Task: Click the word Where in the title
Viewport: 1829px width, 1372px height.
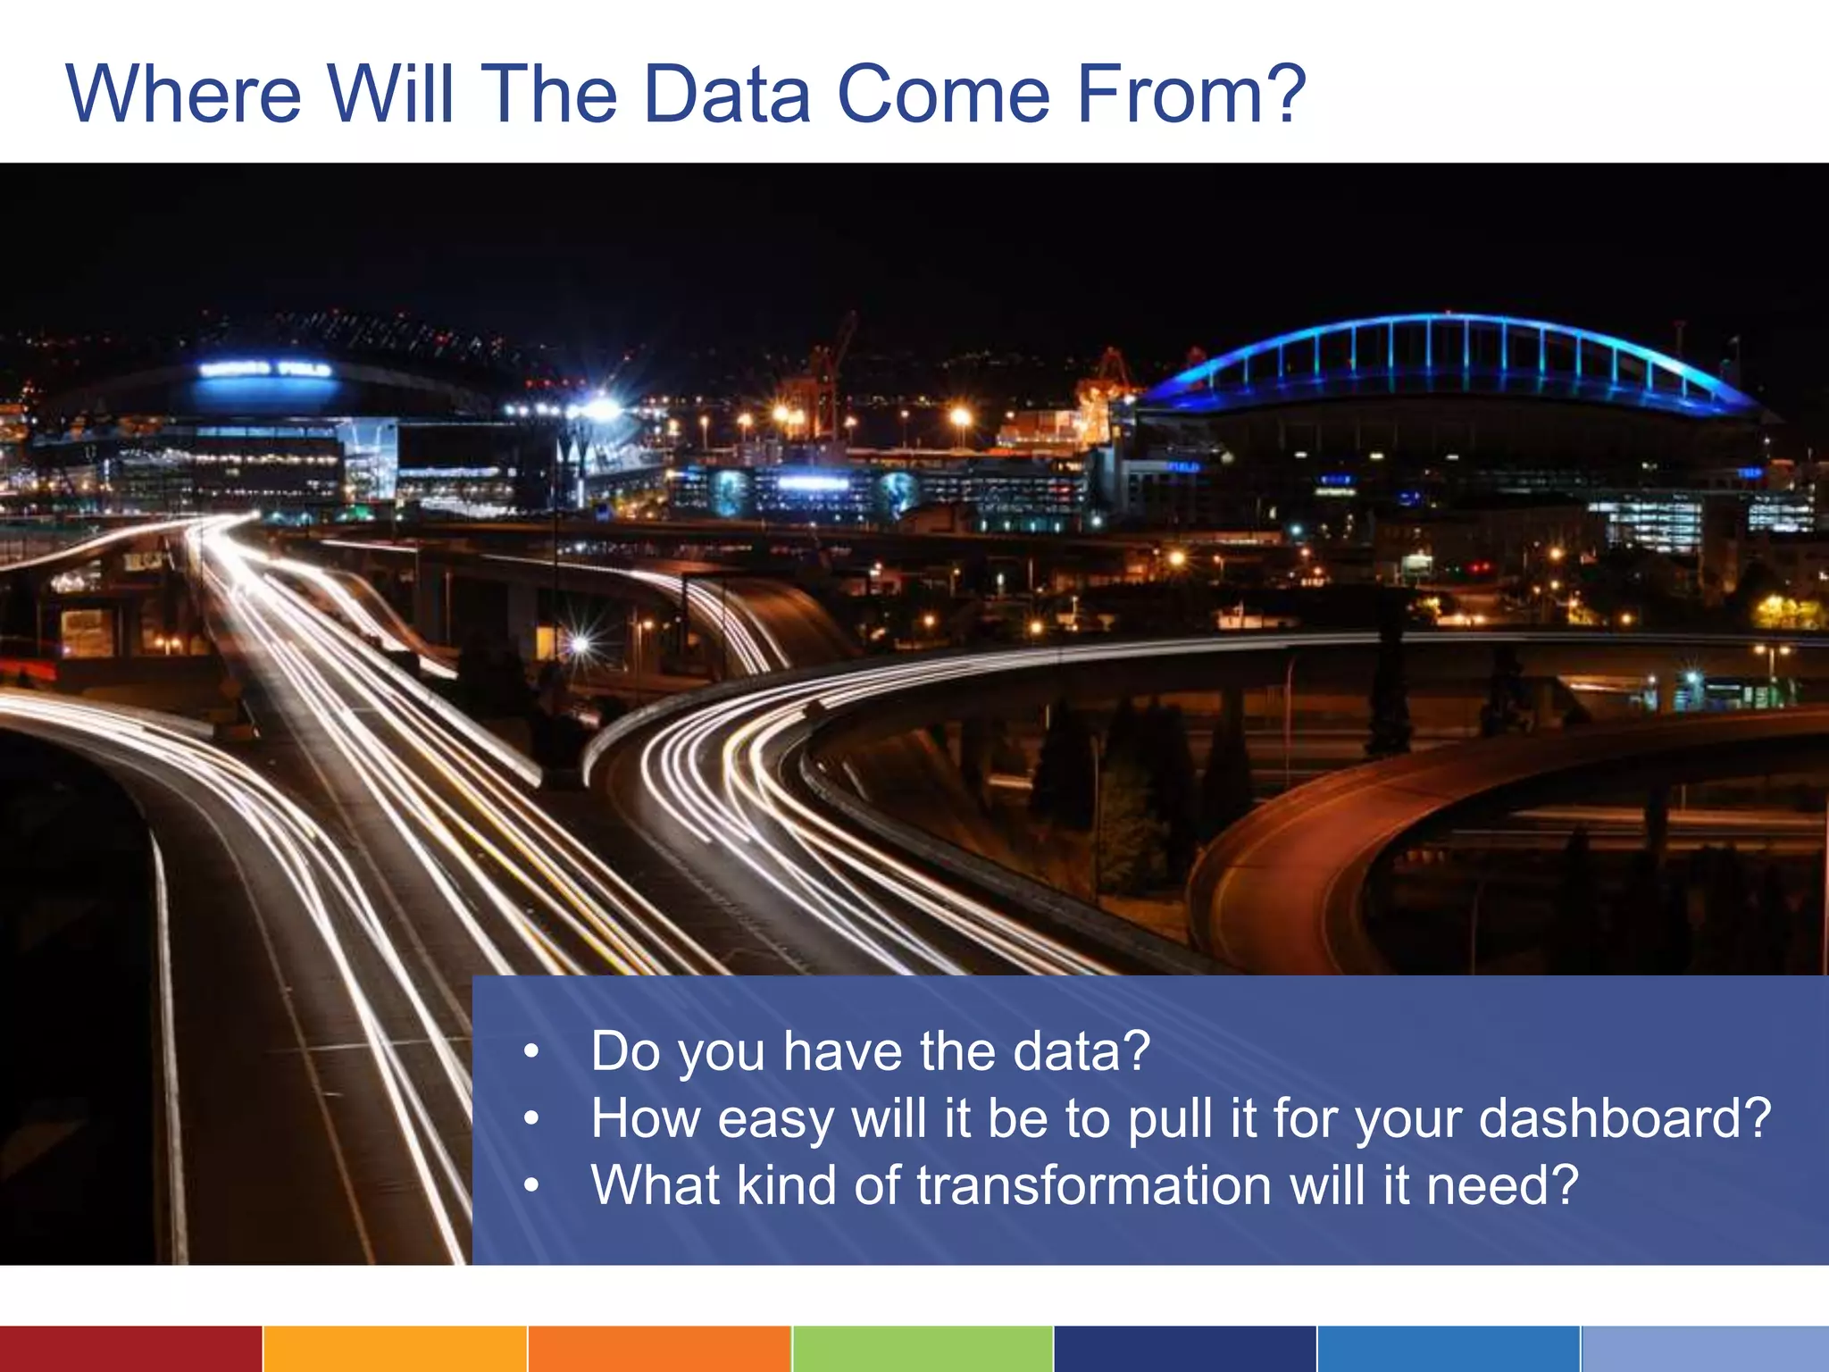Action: click(184, 94)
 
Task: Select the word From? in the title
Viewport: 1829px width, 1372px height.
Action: click(1191, 94)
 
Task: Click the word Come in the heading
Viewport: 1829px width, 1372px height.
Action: click(943, 94)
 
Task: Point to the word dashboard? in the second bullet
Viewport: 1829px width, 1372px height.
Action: click(1624, 1118)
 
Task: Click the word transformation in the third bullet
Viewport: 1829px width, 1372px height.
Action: click(1095, 1185)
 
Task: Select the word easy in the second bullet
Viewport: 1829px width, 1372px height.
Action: click(775, 1118)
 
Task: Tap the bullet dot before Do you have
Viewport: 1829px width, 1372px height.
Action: click(531, 1052)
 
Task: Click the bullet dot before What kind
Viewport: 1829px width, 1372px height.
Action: click(531, 1186)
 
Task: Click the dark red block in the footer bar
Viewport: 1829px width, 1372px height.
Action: click(130, 1349)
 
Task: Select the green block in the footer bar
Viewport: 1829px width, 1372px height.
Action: click(922, 1349)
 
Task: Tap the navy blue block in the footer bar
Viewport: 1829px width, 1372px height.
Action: click(1184, 1349)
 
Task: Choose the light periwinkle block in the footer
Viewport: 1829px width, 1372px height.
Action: click(1705, 1349)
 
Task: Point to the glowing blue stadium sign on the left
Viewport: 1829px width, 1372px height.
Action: click(265, 370)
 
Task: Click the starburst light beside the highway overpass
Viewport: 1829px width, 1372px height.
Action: click(580, 643)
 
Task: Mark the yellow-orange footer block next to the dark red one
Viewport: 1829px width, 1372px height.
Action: click(395, 1349)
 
